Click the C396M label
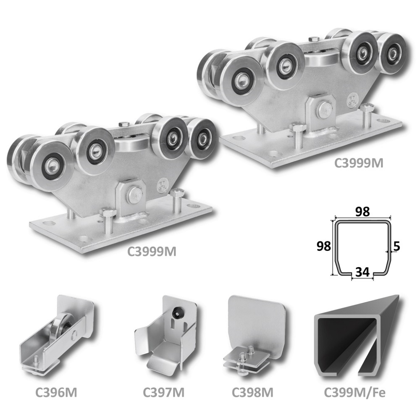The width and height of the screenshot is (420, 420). (x=56, y=392)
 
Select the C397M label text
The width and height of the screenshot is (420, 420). (x=163, y=392)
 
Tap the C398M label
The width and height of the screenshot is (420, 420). (x=252, y=392)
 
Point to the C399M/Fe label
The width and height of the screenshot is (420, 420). (x=354, y=392)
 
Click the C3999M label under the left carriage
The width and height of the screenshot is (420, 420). (x=152, y=252)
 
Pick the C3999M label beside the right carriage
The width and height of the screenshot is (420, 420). (x=359, y=163)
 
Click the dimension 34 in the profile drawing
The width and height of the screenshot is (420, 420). (x=362, y=272)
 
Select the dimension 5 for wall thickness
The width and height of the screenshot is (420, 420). (x=396, y=246)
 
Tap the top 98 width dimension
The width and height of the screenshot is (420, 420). (x=362, y=212)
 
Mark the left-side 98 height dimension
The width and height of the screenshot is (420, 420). (x=323, y=246)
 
